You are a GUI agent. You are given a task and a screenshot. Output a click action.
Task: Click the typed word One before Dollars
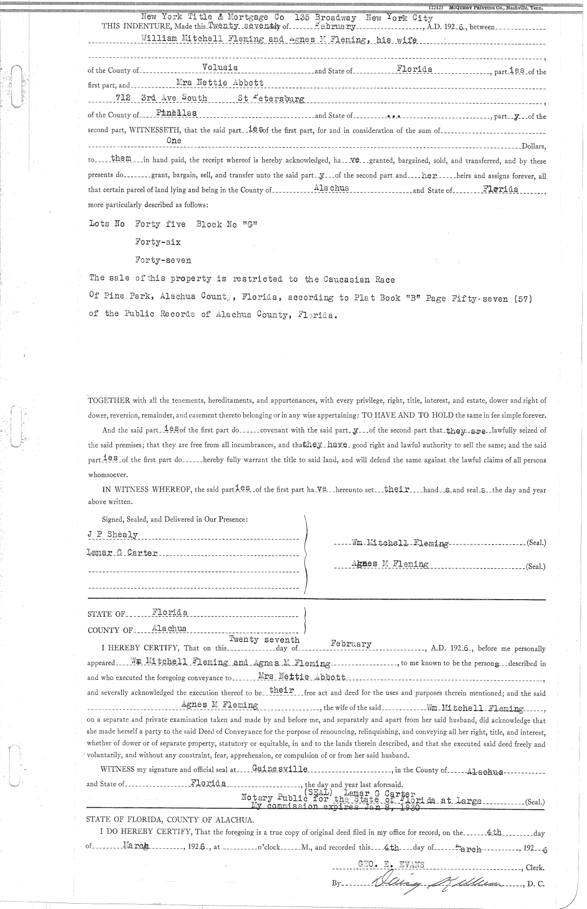pos(174,141)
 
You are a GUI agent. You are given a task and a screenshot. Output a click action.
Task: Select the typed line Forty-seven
pos(163,260)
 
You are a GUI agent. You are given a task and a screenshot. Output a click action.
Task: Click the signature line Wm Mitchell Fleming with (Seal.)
pos(400,542)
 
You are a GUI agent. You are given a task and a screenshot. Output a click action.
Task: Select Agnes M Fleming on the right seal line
pos(390,564)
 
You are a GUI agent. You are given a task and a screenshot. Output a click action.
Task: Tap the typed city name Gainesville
pos(280,769)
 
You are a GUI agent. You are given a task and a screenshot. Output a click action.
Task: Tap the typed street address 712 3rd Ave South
pos(161,98)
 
